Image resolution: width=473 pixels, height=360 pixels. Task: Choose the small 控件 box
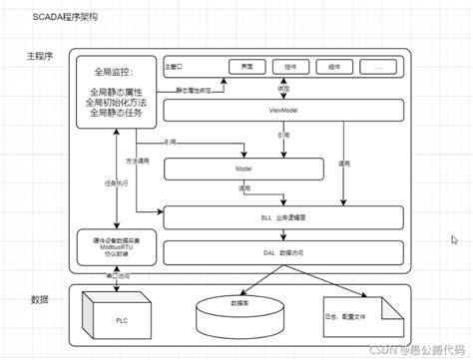click(289, 67)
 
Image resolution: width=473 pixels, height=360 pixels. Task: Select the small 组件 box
click(333, 67)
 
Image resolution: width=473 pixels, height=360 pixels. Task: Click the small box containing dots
click(376, 67)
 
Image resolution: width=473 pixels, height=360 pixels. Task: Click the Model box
click(242, 170)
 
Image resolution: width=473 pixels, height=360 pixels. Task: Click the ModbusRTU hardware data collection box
click(116, 244)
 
